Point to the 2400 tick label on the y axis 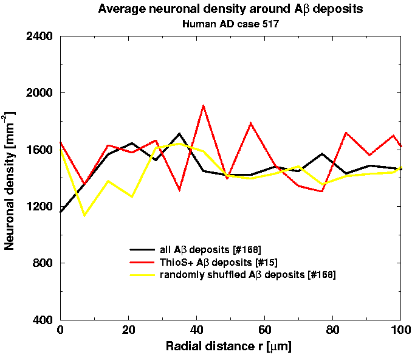point(39,36)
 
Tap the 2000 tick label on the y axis point(39,93)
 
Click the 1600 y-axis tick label point(39,150)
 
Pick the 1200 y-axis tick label point(39,207)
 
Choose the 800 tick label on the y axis point(43,263)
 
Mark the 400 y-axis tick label point(43,320)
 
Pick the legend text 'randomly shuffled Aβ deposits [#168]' point(247,275)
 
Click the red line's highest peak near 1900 point(203,106)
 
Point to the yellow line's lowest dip point(84,215)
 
